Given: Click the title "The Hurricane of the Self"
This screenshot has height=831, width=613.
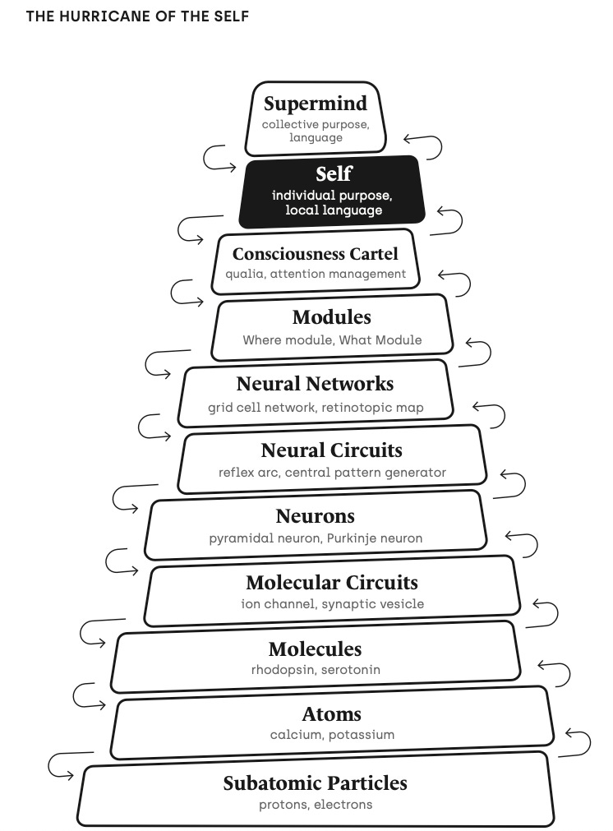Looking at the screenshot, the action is (137, 16).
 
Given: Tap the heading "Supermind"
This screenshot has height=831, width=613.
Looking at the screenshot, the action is (315, 104).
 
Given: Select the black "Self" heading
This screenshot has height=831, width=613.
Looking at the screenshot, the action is (334, 174).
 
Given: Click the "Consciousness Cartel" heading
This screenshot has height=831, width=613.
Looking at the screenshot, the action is (315, 254).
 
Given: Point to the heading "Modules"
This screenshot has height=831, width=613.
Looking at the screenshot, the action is (331, 317).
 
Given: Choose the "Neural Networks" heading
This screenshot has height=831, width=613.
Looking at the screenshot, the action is (315, 384).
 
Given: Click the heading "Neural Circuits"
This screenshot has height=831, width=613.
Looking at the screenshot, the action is (331, 450).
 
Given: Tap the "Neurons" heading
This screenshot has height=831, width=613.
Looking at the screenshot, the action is (315, 516).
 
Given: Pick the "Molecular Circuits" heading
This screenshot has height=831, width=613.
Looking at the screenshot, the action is (331, 583).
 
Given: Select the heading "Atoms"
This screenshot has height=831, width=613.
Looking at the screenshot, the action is (331, 714).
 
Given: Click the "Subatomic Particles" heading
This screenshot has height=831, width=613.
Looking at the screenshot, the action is (315, 783).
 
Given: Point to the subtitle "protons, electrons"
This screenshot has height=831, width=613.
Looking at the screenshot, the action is (316, 805).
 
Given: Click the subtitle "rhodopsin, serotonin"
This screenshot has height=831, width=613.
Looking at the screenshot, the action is (316, 669).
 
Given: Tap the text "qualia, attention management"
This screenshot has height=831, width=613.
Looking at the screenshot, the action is (316, 274).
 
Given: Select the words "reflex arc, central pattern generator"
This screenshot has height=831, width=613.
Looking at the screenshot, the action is (332, 472).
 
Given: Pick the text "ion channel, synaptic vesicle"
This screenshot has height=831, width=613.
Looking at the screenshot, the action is (332, 604).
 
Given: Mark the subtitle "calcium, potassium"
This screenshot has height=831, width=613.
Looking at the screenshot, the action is (332, 734).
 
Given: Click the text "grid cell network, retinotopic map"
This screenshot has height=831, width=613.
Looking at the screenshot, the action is (316, 407).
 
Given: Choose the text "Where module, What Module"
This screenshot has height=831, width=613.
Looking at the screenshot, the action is (332, 339).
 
